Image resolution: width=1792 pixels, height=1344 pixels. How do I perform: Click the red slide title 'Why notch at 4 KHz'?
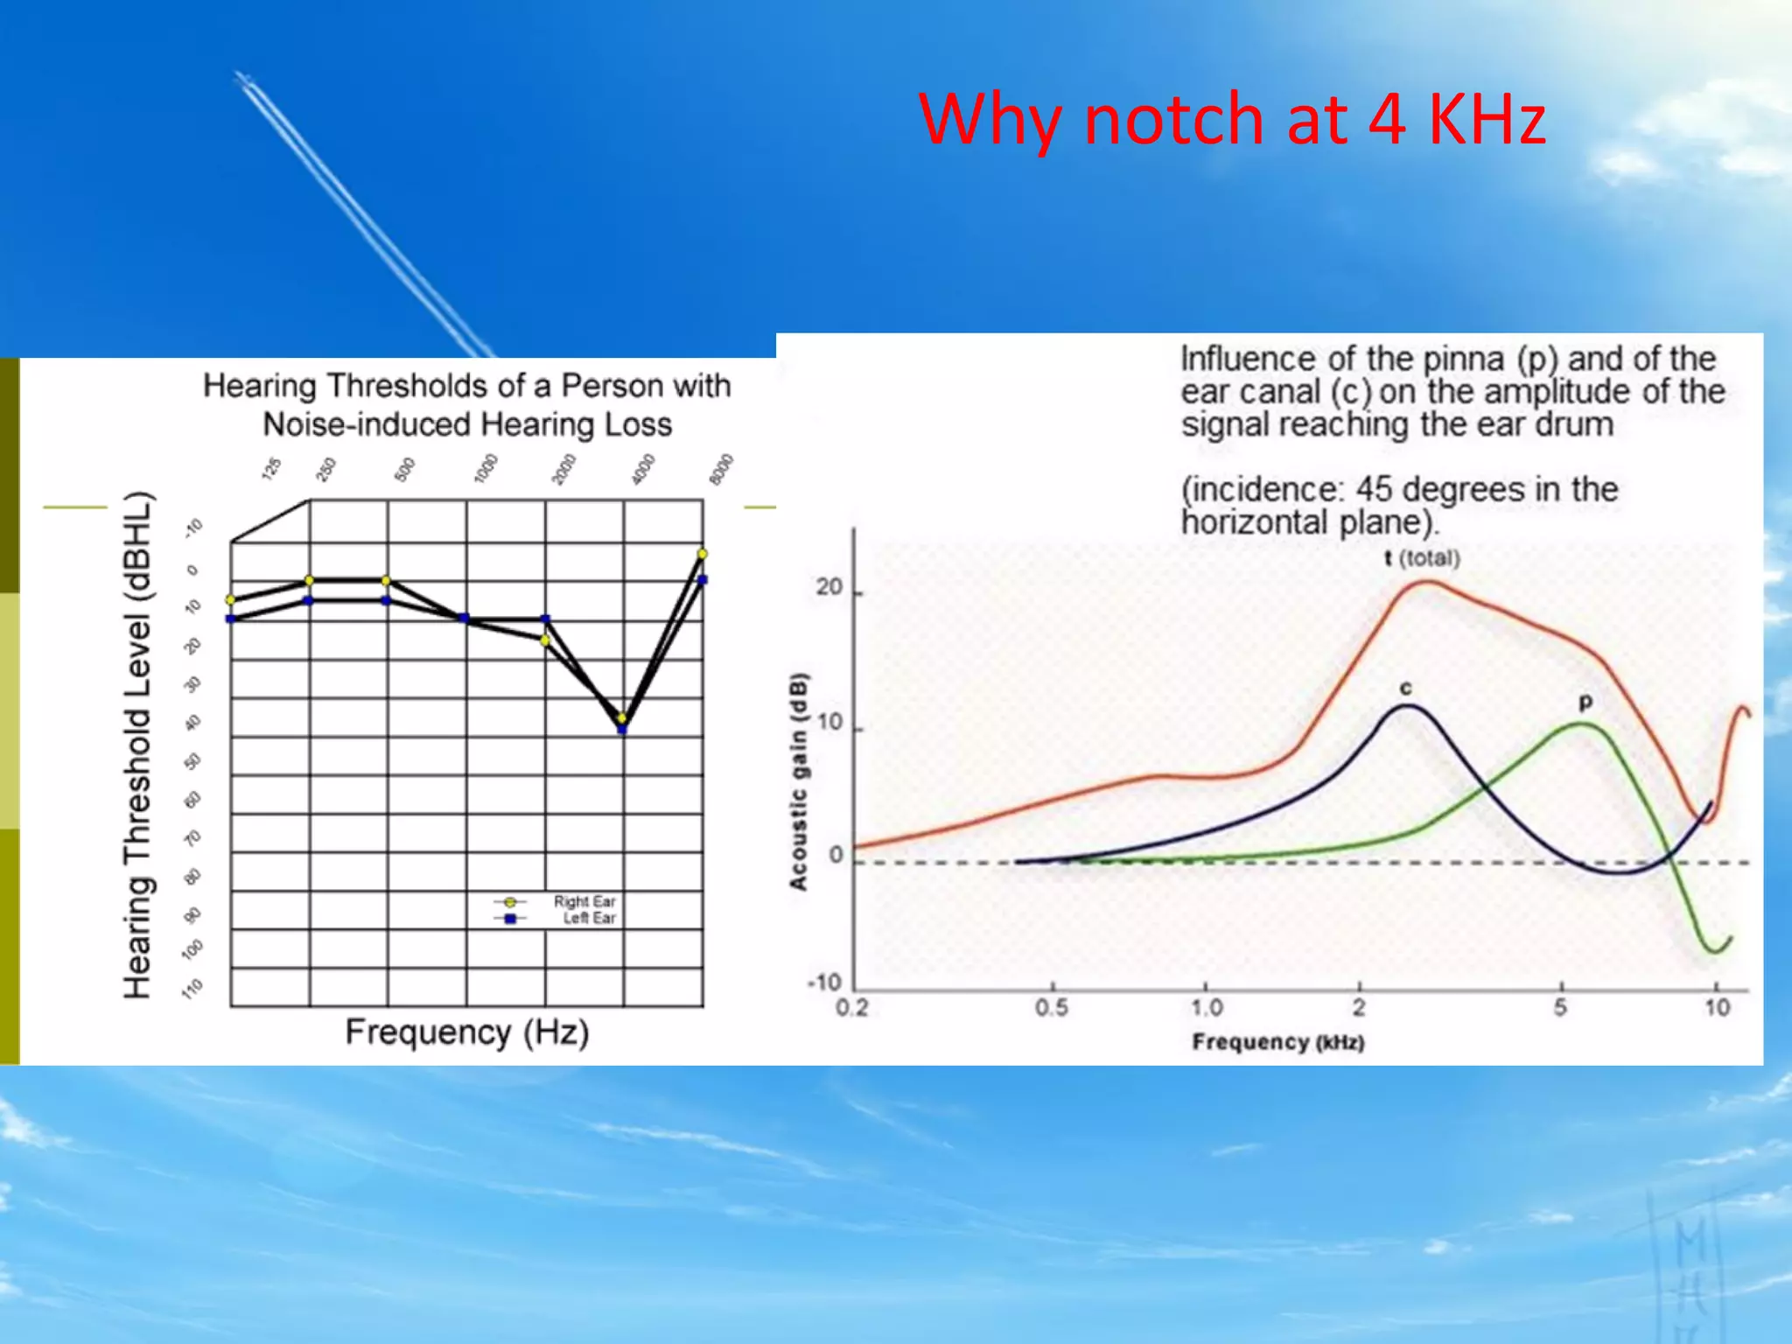pyautogui.click(x=1232, y=119)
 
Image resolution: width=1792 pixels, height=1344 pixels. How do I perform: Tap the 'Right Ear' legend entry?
pyautogui.click(x=584, y=901)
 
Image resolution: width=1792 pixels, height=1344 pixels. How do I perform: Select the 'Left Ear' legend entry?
pyautogui.click(x=589, y=918)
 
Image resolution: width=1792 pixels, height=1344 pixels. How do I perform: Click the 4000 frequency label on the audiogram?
pyautogui.click(x=643, y=469)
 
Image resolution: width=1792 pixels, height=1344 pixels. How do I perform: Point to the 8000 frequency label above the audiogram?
pyautogui.click(x=721, y=469)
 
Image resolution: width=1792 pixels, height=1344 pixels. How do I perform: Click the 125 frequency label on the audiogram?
pyautogui.click(x=271, y=469)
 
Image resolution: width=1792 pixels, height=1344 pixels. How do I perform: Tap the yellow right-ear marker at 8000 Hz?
pyautogui.click(x=703, y=554)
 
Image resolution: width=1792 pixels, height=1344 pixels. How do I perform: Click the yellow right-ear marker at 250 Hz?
pyautogui.click(x=309, y=580)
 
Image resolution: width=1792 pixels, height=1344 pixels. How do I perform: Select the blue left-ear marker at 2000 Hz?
pyautogui.click(x=546, y=619)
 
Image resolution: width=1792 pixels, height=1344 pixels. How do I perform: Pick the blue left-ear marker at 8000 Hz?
pyautogui.click(x=703, y=579)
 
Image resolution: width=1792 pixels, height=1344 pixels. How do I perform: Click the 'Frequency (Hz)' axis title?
pyautogui.click(x=466, y=1032)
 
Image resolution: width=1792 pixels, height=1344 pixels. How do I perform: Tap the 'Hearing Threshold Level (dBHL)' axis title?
pyautogui.click(x=138, y=745)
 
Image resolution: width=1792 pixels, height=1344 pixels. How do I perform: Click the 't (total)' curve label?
pyautogui.click(x=1422, y=558)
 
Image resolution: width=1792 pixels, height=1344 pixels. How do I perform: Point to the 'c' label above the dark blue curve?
pyautogui.click(x=1405, y=689)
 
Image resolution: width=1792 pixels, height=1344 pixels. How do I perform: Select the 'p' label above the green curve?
pyautogui.click(x=1585, y=702)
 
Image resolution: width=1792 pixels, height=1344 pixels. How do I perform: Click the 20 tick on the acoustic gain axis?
pyautogui.click(x=829, y=588)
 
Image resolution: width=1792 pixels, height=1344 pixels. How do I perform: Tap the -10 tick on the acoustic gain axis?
pyautogui.click(x=824, y=983)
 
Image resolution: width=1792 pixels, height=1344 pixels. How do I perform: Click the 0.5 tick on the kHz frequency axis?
pyautogui.click(x=1052, y=1008)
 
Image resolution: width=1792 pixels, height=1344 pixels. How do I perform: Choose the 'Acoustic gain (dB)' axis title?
pyautogui.click(x=799, y=781)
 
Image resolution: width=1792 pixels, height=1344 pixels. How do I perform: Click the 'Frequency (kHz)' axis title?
pyautogui.click(x=1278, y=1042)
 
